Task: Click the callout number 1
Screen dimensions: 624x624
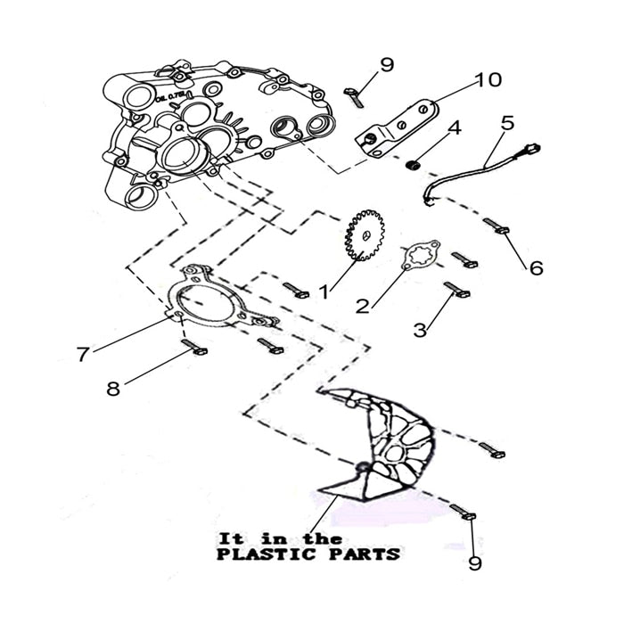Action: (324, 291)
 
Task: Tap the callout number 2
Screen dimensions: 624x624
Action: (363, 306)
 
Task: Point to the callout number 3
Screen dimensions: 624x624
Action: (420, 329)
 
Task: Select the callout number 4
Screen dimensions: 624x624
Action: (454, 128)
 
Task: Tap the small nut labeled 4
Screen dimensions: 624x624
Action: (413, 165)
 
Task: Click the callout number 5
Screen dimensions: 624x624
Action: (507, 122)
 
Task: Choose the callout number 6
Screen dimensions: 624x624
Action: (536, 267)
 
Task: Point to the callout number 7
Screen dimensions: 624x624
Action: (83, 355)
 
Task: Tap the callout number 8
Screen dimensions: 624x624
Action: (112, 389)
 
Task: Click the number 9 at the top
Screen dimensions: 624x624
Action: (386, 64)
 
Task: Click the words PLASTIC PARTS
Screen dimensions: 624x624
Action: (308, 554)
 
